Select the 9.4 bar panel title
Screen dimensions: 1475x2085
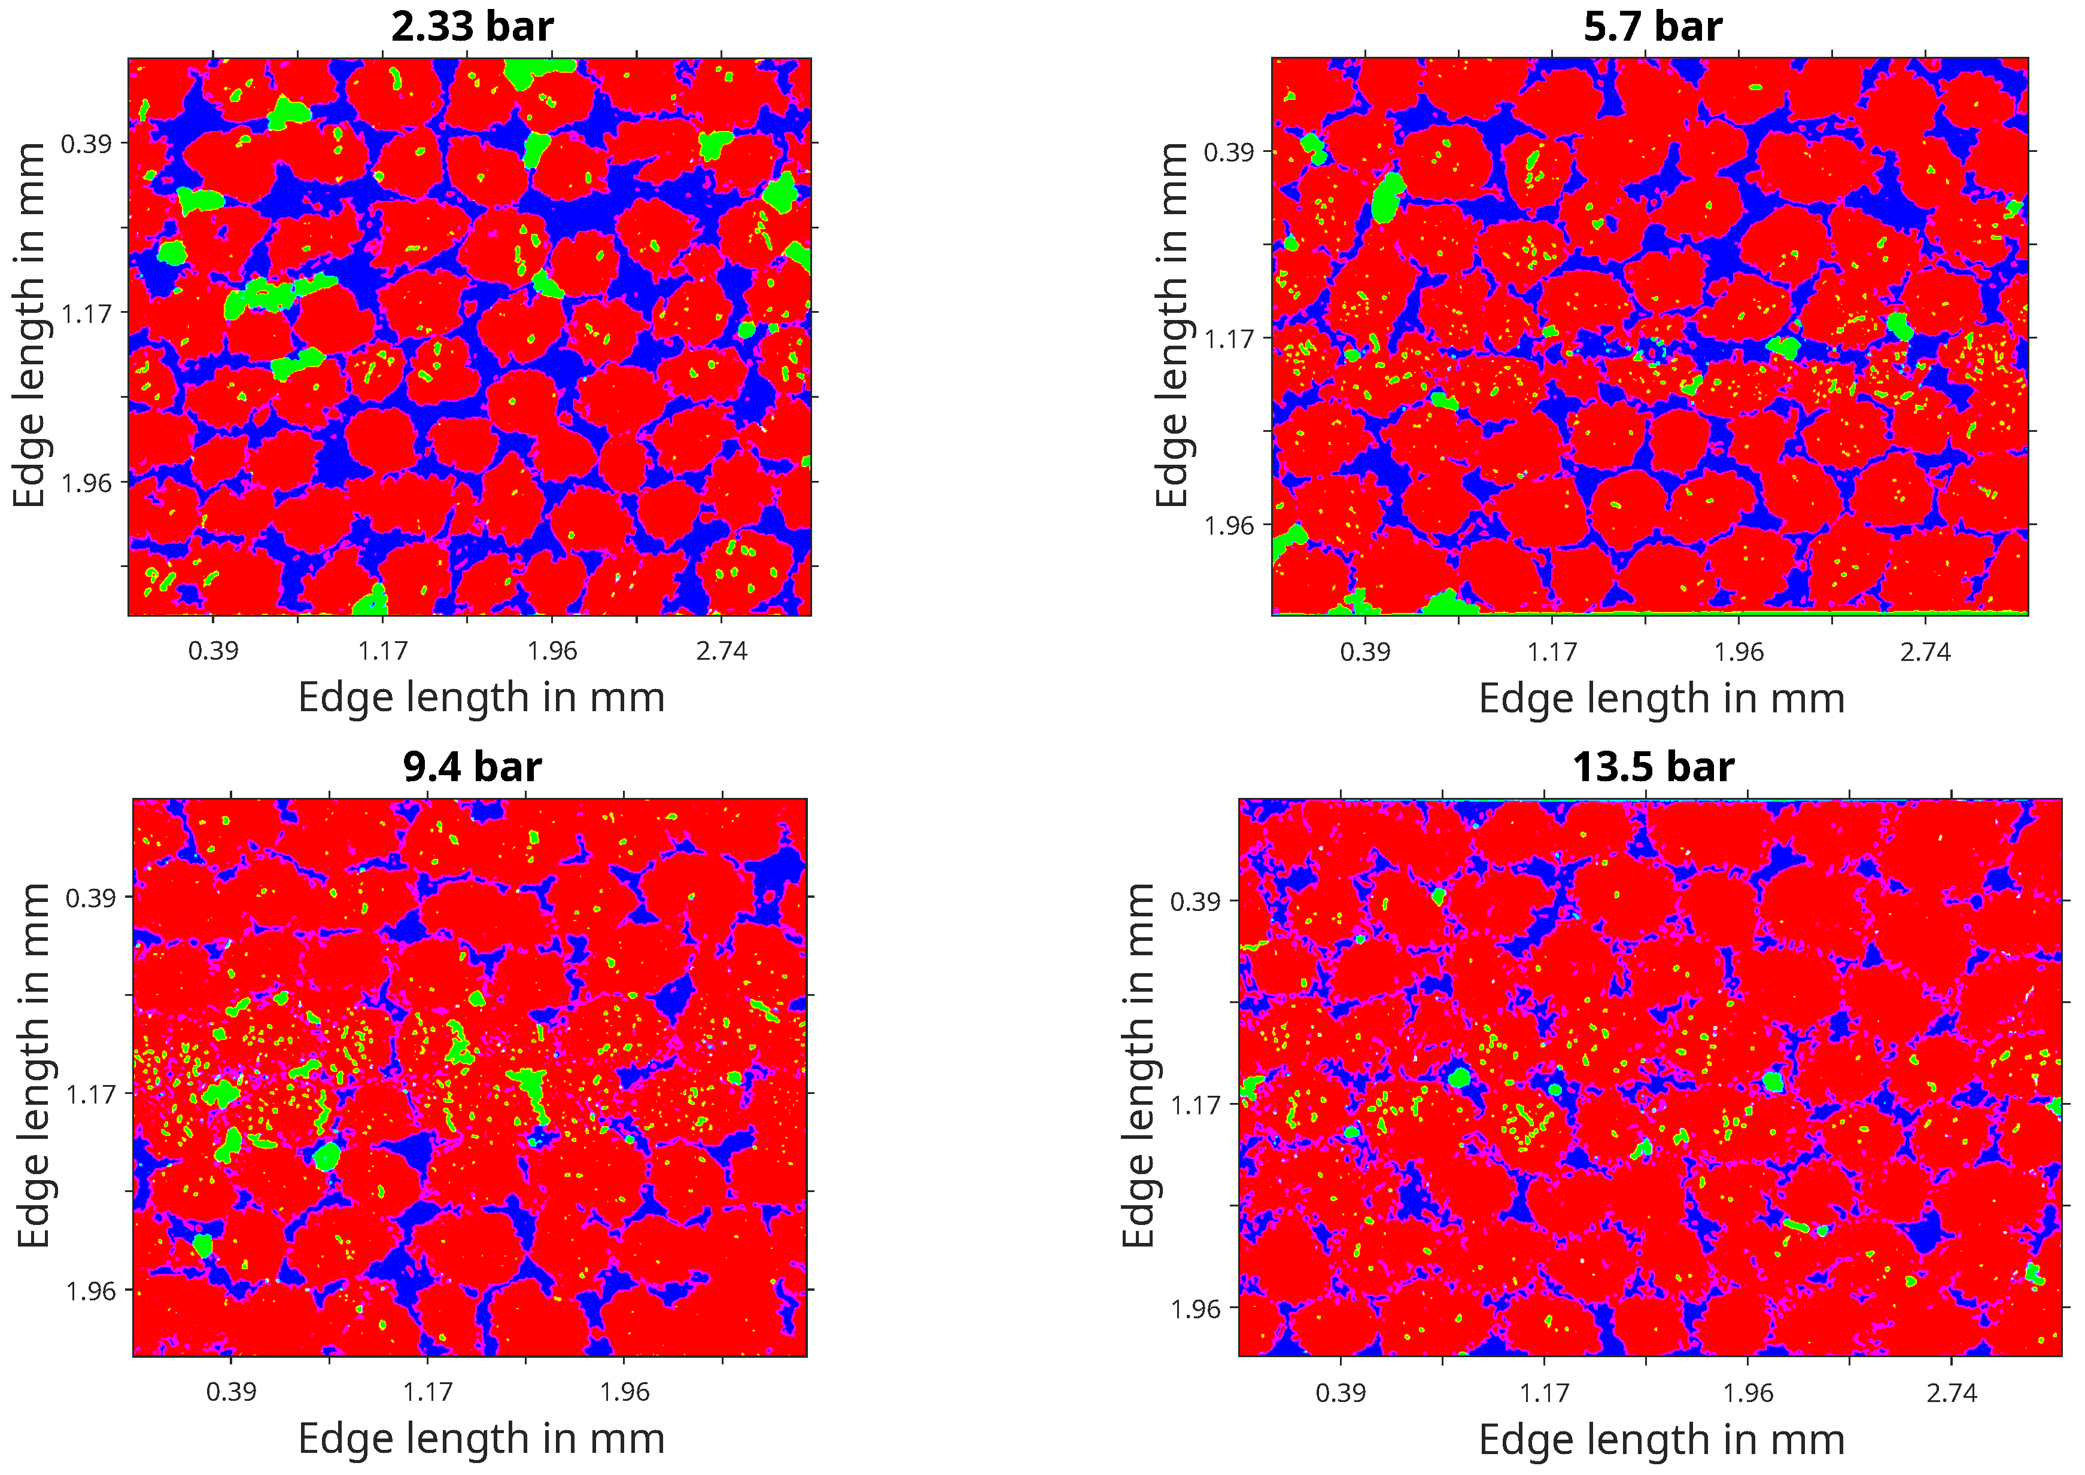(472, 767)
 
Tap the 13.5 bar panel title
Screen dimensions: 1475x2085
(1652, 767)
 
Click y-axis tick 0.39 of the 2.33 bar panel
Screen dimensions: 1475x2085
(86, 144)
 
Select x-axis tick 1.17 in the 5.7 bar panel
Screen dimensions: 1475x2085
(1552, 652)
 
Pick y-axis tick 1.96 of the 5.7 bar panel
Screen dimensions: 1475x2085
(1229, 526)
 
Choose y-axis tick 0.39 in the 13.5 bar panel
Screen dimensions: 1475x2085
(1196, 902)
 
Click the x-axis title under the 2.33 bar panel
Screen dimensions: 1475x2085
(482, 697)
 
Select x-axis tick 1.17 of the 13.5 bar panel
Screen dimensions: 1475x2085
(1545, 1393)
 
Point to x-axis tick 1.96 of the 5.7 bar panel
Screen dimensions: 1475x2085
(1738, 652)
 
